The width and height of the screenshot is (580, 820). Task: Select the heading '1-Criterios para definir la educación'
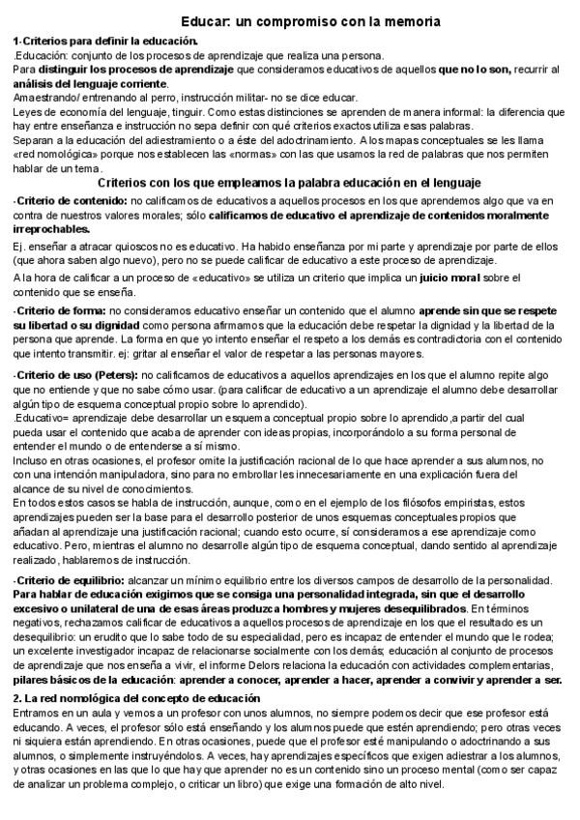[105, 41]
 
